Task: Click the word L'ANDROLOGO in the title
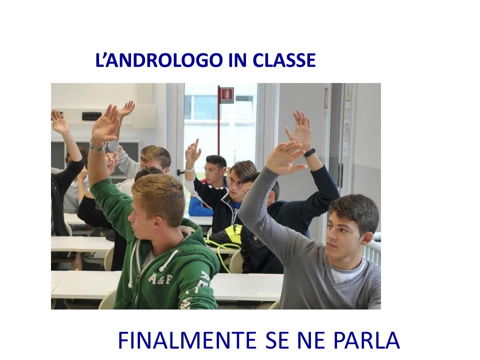tap(158, 60)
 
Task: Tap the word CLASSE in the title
tap(284, 60)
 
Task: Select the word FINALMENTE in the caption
tap(187, 340)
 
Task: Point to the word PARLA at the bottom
tap(366, 340)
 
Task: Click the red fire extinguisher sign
tap(227, 95)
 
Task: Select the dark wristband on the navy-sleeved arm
tap(309, 153)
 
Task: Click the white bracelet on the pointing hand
tap(189, 168)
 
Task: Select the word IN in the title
tap(237, 60)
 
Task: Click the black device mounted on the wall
tap(92, 116)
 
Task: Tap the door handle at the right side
tap(340, 174)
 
